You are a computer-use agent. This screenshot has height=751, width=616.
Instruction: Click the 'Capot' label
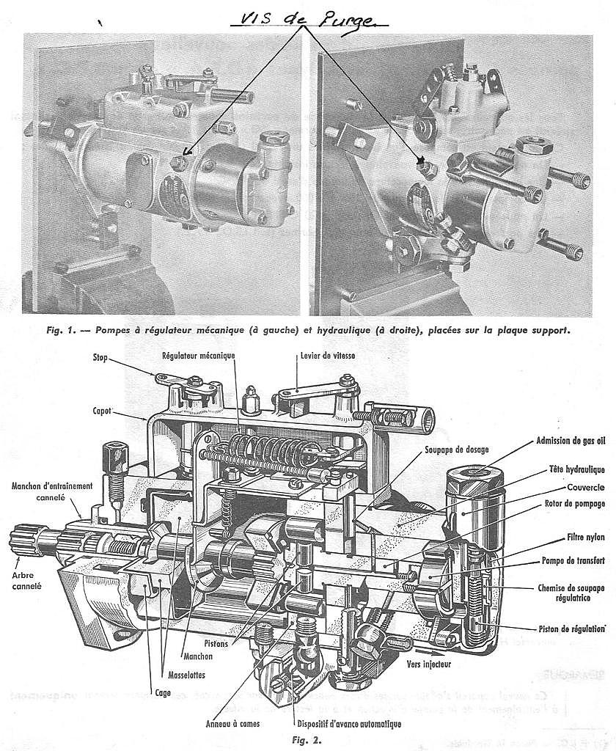click(x=103, y=411)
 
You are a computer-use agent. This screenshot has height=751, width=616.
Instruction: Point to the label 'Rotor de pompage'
click(x=576, y=503)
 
